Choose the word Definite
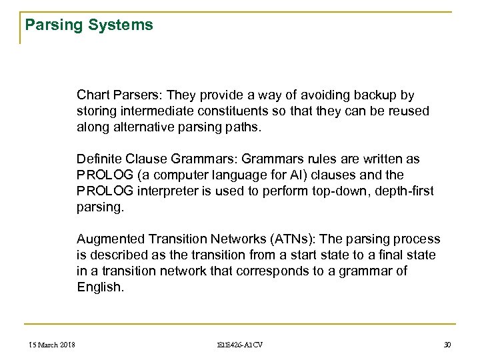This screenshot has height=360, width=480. [x=97, y=160]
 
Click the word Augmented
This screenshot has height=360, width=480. [x=107, y=238]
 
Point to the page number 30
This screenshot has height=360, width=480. [x=447, y=345]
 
